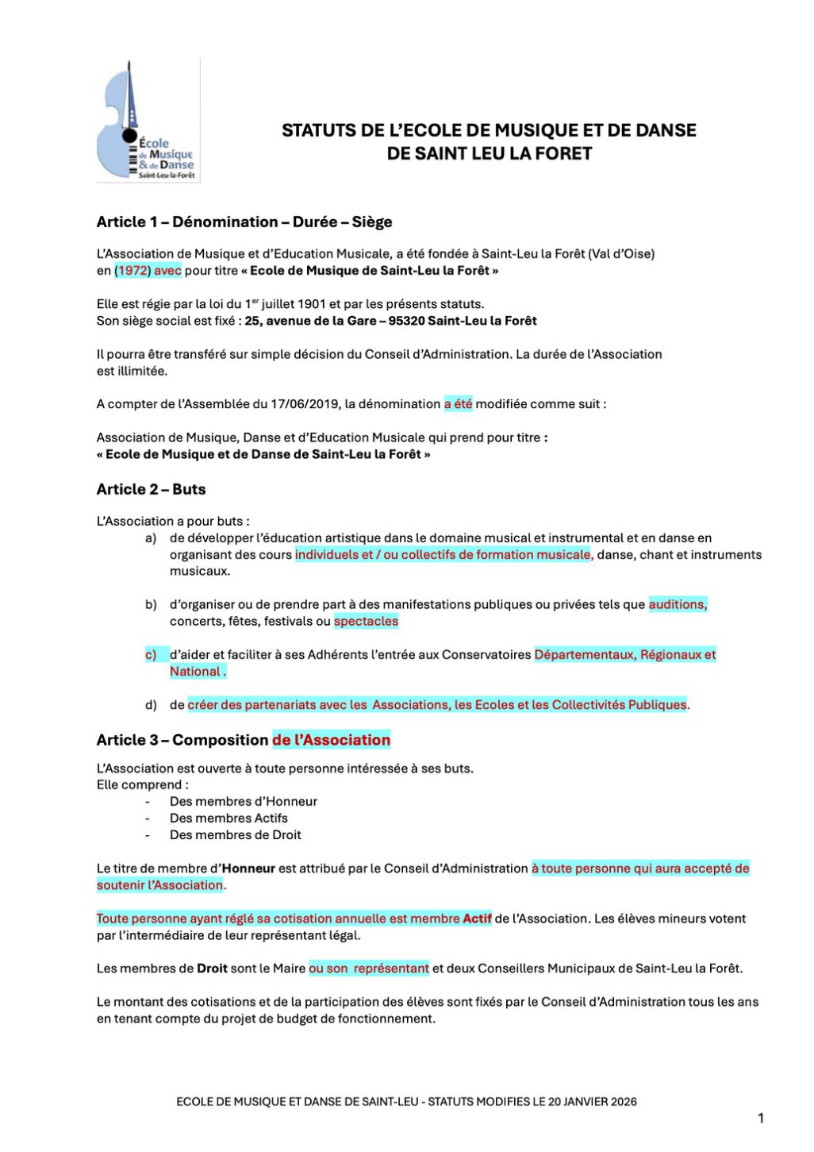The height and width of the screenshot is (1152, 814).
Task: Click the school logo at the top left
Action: (148, 121)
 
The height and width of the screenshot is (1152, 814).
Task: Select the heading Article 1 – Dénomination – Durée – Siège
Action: (244, 222)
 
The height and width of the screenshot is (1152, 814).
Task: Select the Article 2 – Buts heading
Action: (151, 490)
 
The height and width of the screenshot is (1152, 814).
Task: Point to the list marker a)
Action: (151, 538)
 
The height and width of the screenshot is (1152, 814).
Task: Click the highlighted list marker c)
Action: (151, 655)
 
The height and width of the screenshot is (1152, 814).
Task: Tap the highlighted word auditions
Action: (677, 605)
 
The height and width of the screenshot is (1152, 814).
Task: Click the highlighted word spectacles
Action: (366, 622)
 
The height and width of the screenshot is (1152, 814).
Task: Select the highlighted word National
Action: (195, 672)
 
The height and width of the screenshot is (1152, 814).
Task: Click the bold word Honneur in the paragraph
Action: (248, 869)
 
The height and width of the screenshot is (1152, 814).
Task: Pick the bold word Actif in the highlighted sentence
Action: (477, 919)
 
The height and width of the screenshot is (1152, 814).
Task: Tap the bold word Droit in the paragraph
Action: (212, 969)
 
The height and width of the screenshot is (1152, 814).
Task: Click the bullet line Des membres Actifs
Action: (228, 819)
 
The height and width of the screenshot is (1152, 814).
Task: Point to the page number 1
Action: (761, 1119)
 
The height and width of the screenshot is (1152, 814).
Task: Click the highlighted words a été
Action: (458, 404)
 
